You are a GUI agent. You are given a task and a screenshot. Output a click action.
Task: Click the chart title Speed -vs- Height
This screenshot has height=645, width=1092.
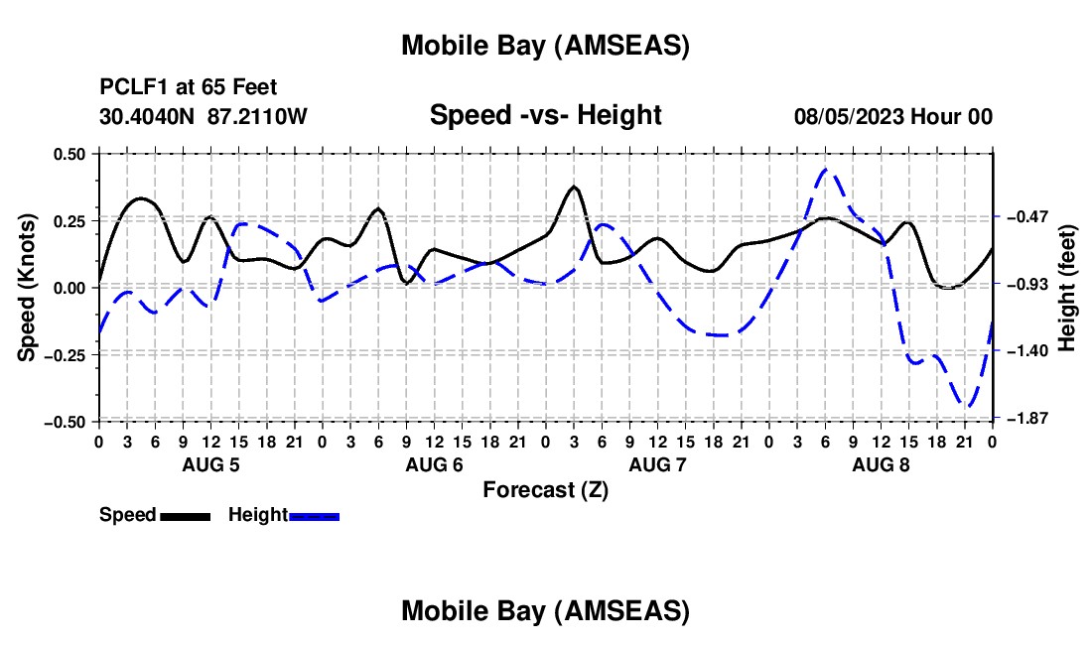[545, 115]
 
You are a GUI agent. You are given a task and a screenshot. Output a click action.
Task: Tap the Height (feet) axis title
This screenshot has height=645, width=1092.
[1067, 288]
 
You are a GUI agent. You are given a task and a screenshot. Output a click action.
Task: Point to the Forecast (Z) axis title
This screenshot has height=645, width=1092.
[545, 489]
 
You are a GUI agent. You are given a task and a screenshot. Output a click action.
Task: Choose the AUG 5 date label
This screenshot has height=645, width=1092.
[210, 464]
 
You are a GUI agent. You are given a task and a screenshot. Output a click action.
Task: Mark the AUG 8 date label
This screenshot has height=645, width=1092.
[881, 464]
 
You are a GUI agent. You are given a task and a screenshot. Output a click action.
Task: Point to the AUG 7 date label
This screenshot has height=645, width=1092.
[657, 464]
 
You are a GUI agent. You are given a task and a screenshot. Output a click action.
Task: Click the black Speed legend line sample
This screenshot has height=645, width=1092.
[185, 515]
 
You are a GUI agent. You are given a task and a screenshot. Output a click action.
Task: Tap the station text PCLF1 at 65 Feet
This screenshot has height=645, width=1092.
[189, 87]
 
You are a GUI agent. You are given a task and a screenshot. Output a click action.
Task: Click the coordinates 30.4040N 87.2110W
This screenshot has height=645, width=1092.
[204, 116]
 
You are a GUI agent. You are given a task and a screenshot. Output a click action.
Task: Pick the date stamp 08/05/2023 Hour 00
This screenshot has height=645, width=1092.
[893, 116]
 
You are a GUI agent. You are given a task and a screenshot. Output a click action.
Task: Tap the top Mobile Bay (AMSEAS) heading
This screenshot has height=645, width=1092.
[545, 46]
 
